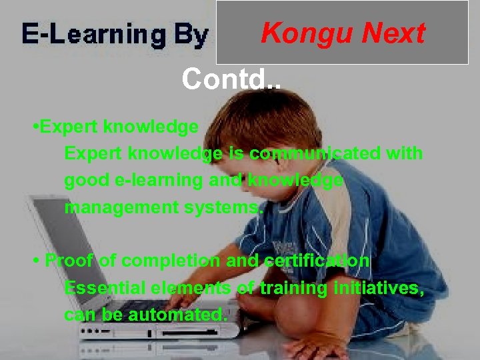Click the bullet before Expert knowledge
click(x=35, y=127)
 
